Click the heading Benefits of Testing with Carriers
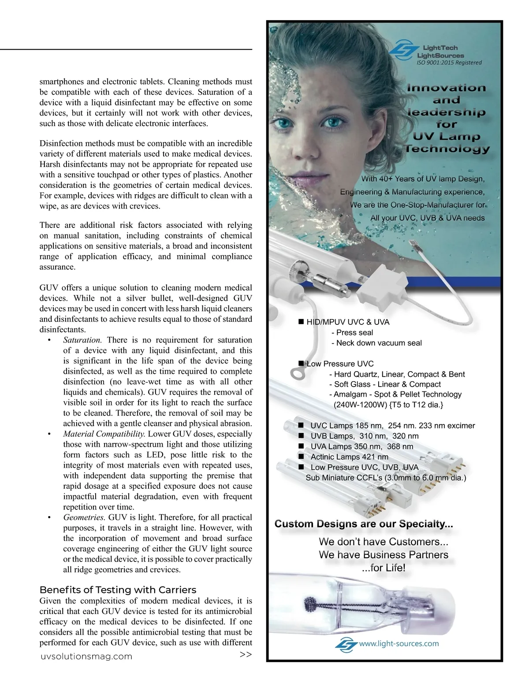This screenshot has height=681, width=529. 118,590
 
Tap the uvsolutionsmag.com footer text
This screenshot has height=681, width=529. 86,656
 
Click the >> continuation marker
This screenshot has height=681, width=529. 246,655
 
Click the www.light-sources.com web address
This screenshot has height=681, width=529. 399,644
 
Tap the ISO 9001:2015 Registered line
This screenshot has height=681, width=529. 449,63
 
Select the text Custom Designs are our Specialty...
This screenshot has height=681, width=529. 364,524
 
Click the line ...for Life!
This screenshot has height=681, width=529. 383,568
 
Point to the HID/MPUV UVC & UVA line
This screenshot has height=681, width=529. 348,322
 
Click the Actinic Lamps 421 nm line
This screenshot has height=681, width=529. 349,457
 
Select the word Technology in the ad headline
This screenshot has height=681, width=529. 447,149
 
